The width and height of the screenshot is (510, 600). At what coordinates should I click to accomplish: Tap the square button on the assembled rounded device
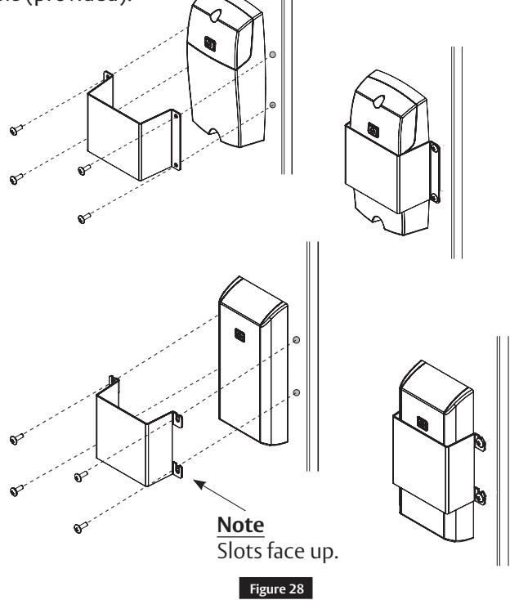click(x=374, y=129)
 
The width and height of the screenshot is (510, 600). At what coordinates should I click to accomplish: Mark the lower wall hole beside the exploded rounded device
click(x=273, y=105)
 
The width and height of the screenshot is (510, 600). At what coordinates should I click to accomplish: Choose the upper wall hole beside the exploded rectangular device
click(x=296, y=339)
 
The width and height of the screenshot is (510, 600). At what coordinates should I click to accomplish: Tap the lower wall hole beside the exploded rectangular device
click(x=296, y=392)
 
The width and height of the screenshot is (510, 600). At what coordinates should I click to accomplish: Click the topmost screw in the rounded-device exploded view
click(x=16, y=128)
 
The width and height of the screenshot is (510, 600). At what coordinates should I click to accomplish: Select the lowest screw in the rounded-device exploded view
click(x=82, y=217)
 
